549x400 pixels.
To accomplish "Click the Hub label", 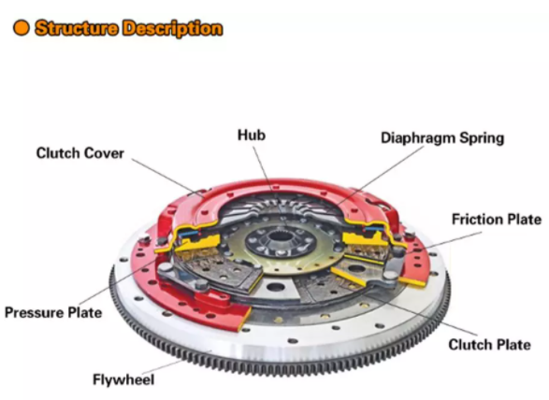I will [x=251, y=136].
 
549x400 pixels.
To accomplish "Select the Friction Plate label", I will [x=496, y=220].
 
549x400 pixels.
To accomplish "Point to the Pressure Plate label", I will [x=52, y=311].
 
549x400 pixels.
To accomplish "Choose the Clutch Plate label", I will [x=488, y=345].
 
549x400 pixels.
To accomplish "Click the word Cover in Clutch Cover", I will [x=103, y=152].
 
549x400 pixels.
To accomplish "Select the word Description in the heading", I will [x=172, y=28].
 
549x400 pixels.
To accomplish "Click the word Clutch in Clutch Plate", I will [x=469, y=345].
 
